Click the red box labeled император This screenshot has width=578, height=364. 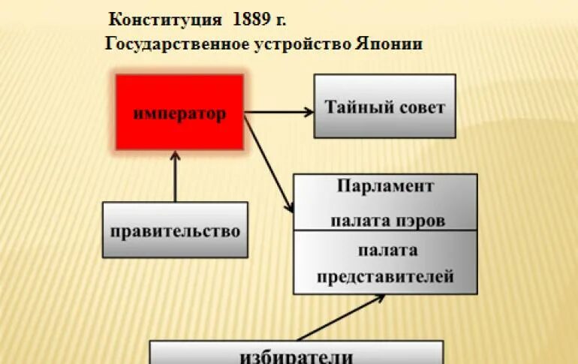(x=179, y=113)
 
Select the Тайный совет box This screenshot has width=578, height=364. (x=384, y=106)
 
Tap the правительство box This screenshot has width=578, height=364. (x=175, y=230)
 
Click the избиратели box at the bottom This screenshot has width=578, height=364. (x=296, y=353)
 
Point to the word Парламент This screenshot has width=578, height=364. (x=385, y=186)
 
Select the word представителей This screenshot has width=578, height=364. (x=385, y=277)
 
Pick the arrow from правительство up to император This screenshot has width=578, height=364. (x=175, y=176)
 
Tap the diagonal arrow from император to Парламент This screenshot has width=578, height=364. (x=269, y=161)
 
